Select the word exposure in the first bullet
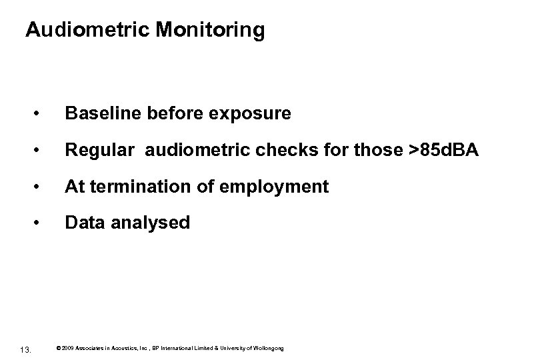[x=249, y=114]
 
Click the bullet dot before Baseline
[x=43, y=115]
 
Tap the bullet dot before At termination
[x=43, y=187]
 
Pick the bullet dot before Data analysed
[x=43, y=223]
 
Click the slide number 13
[x=25, y=349]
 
